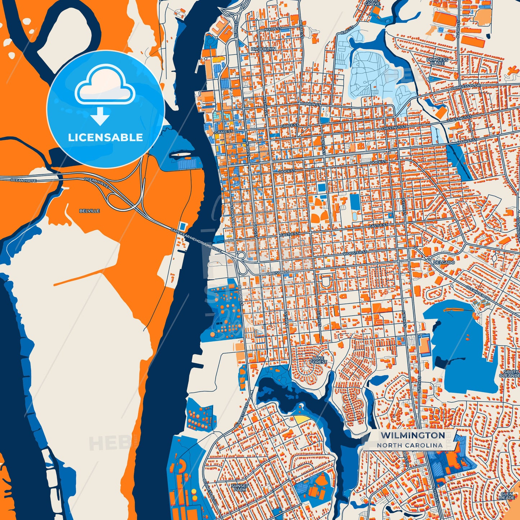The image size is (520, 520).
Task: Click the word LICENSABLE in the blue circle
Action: (x=105, y=137)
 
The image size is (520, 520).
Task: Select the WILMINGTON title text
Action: (x=413, y=435)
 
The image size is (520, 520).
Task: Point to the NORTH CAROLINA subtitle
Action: (x=410, y=445)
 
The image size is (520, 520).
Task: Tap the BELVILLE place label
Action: (x=90, y=211)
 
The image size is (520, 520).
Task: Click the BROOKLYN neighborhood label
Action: (x=263, y=49)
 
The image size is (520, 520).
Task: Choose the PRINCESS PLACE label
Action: (x=437, y=62)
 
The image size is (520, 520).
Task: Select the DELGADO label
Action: (x=444, y=262)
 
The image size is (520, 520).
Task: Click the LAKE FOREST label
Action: (x=318, y=360)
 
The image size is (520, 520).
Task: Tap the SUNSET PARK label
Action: (x=240, y=488)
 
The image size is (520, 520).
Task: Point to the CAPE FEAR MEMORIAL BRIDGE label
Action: (x=196, y=240)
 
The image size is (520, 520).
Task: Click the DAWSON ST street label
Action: (x=277, y=273)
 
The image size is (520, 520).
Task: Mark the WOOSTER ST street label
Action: (x=354, y=253)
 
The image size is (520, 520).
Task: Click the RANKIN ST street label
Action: (x=311, y=104)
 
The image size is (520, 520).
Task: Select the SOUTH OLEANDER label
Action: (x=510, y=374)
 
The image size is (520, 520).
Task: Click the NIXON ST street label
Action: (x=272, y=29)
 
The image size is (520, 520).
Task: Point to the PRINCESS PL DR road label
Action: (x=466, y=87)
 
